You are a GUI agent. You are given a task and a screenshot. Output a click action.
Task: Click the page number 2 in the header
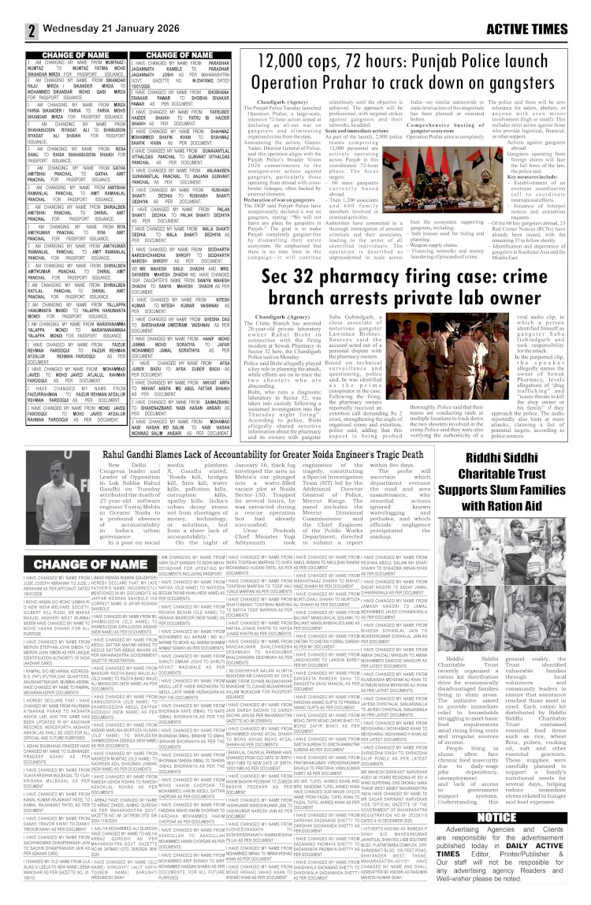11,10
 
